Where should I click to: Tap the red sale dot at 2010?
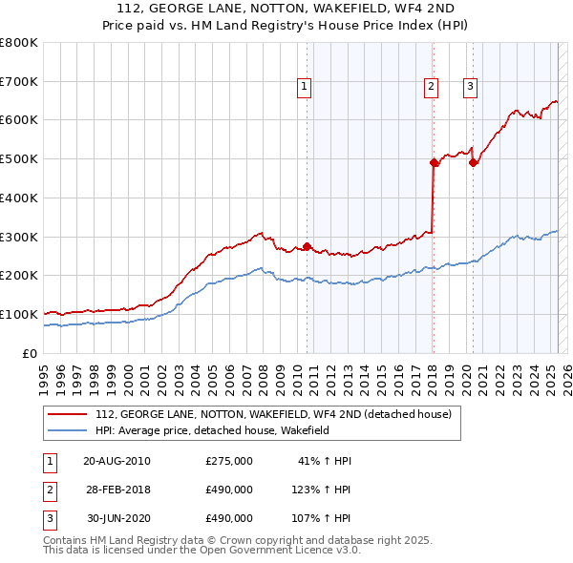click(x=307, y=246)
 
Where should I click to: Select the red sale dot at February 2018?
click(x=434, y=162)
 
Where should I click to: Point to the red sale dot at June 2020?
click(x=473, y=162)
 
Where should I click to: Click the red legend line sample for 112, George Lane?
click(x=67, y=414)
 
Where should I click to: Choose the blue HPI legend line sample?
click(x=67, y=430)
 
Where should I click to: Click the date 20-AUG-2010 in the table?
click(x=117, y=461)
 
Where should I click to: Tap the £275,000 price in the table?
click(x=229, y=461)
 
